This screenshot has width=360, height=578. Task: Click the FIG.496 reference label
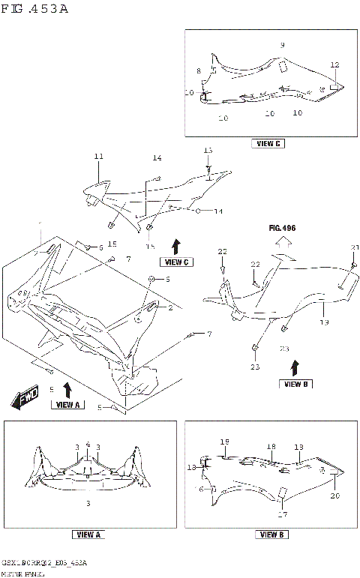[284, 226]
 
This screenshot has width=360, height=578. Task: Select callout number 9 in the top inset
[282, 46]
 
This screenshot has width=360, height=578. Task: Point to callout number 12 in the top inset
[334, 65]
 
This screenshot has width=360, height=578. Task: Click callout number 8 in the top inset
[199, 70]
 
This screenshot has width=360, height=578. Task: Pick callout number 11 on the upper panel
[97, 157]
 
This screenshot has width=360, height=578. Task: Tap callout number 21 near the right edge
[355, 248]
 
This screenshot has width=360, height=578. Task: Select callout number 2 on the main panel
[170, 307]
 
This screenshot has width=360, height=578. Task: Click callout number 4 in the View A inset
[88, 445]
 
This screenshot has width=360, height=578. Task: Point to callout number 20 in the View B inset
[334, 496]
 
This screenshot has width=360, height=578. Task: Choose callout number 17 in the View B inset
[283, 514]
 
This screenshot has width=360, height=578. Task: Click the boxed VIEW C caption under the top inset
[268, 143]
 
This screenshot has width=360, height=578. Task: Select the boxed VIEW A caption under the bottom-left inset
[88, 535]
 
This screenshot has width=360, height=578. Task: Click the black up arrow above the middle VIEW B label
[294, 367]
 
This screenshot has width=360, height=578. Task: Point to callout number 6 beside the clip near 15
[101, 247]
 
